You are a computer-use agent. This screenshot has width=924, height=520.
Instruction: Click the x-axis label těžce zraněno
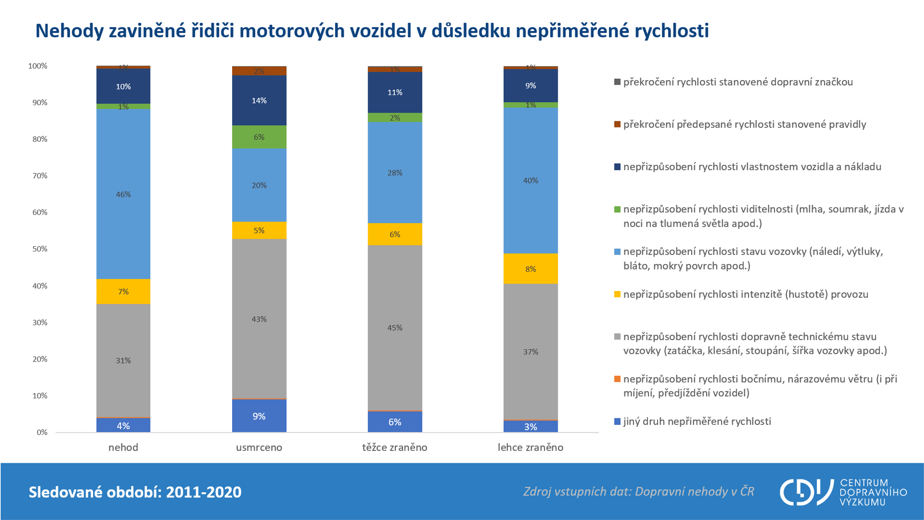395,447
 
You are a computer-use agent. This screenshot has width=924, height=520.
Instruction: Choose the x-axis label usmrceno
259,447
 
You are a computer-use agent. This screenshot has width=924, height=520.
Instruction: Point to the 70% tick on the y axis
40,176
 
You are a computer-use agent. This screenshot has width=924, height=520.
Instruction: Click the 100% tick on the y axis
38,66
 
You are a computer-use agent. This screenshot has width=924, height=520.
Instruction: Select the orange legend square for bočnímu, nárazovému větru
617,379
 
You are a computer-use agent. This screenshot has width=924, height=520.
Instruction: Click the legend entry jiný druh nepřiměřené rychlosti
697,421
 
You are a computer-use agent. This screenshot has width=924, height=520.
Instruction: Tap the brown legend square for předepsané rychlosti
617,124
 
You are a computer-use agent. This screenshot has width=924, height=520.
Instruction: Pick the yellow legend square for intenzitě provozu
617,294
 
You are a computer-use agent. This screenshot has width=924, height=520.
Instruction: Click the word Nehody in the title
69,31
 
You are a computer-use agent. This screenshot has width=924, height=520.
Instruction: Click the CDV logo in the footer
807,492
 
